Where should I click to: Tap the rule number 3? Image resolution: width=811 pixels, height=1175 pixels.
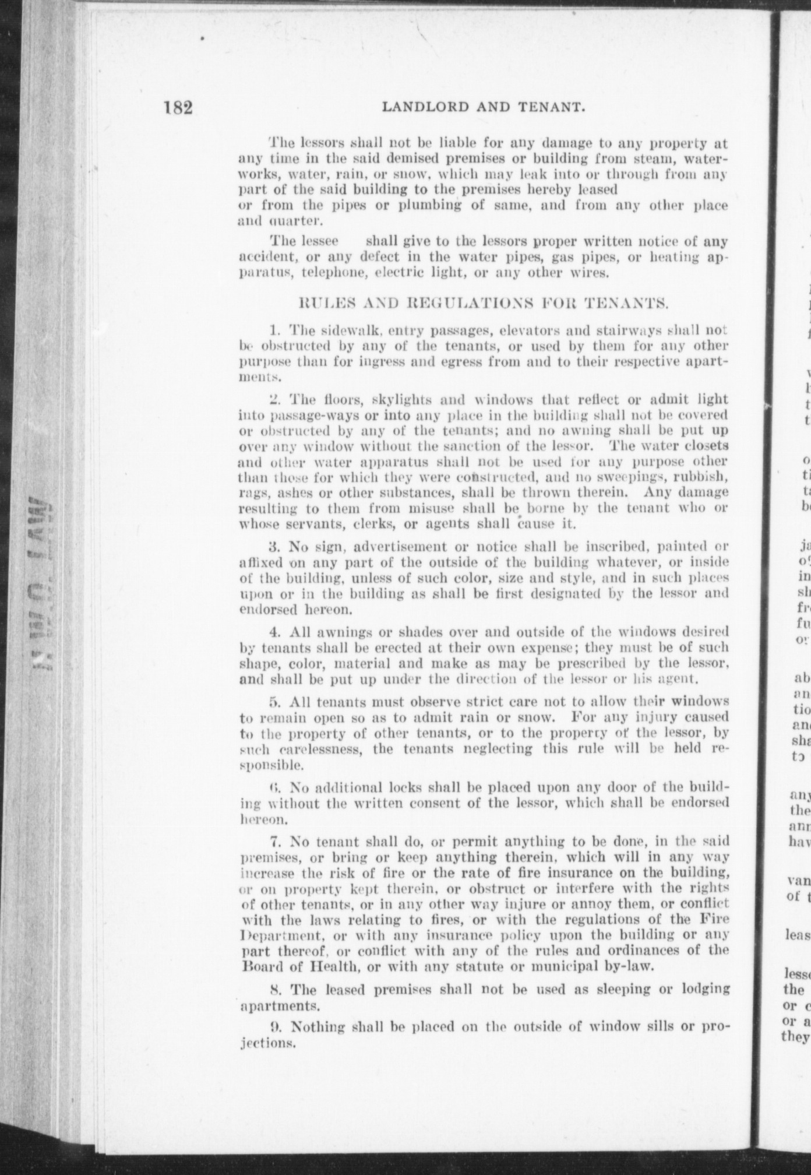(275, 547)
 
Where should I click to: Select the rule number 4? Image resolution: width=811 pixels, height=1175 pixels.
(275, 632)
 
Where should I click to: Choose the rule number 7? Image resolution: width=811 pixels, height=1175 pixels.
(275, 842)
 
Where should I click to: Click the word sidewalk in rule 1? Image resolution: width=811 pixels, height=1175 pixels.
(332, 330)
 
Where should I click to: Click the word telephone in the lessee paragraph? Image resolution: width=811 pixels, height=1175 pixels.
(312, 272)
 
